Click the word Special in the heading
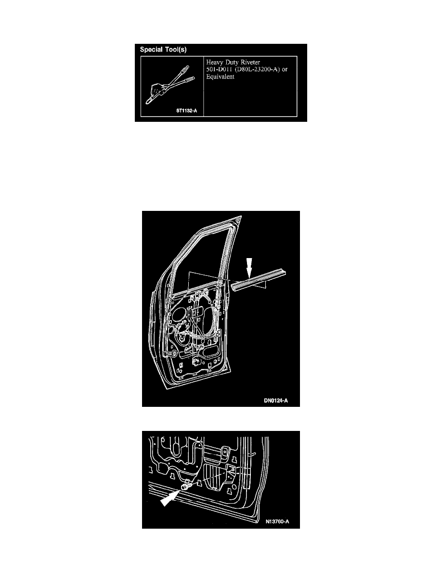pos(151,50)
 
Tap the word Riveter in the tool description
pos(250,63)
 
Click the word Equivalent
pos(220,77)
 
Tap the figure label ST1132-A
pos(187,111)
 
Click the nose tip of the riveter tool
pos(148,102)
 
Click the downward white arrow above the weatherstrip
pos(249,268)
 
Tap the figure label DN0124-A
pos(276,401)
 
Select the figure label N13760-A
pos(277,521)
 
